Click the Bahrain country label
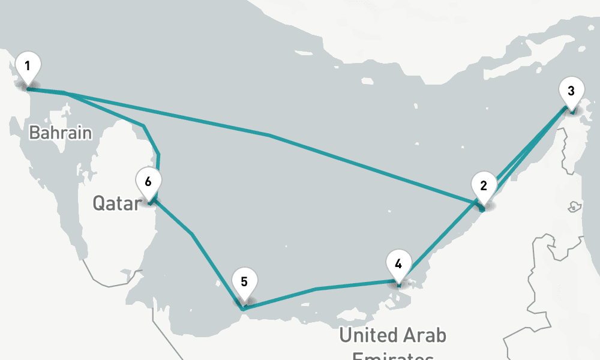coord(61,133)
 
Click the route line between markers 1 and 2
coord(270,136)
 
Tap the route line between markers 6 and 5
coord(192,233)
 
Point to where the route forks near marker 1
coord(65,94)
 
